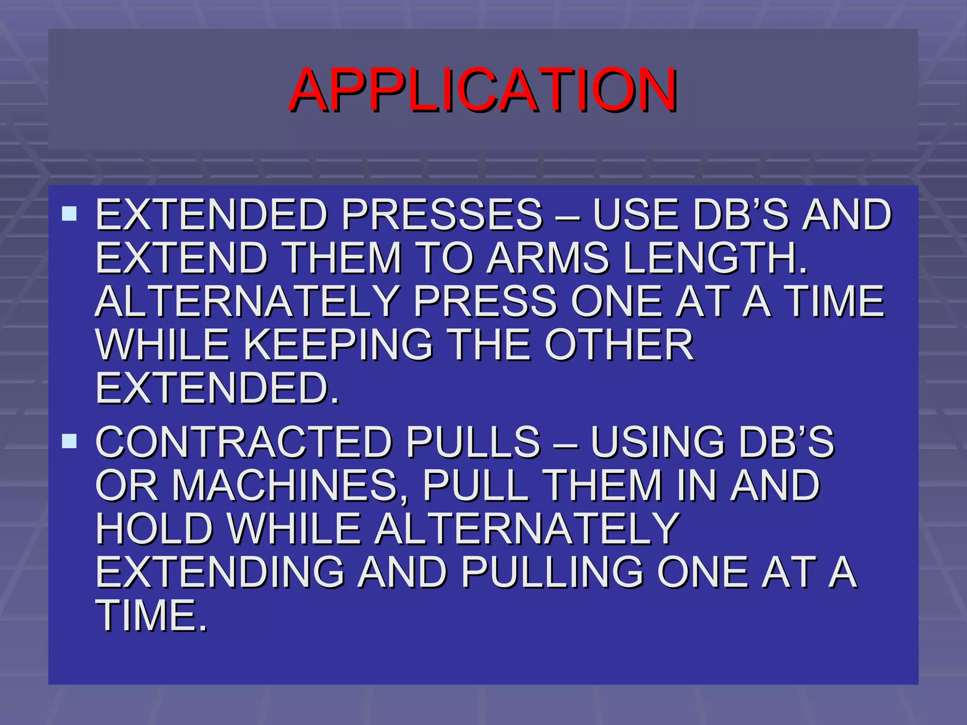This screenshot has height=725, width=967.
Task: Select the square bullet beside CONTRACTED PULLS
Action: pyautogui.click(x=69, y=441)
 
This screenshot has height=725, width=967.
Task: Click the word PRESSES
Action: pyautogui.click(x=442, y=215)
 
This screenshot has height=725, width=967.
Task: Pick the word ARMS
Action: pyautogui.click(x=548, y=258)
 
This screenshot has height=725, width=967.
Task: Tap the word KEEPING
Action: pyautogui.click(x=338, y=345)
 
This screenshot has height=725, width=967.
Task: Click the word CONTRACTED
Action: pyautogui.click(x=244, y=442)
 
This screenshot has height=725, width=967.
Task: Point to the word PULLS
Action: pyautogui.click(x=473, y=442)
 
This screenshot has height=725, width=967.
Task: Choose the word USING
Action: pyautogui.click(x=657, y=442)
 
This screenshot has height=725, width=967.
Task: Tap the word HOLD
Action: pyautogui.click(x=155, y=529)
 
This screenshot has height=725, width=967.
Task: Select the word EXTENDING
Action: pyautogui.click(x=220, y=573)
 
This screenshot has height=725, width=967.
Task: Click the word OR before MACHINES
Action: pyautogui.click(x=127, y=486)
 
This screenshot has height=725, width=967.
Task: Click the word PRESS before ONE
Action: pyautogui.click(x=485, y=302)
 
